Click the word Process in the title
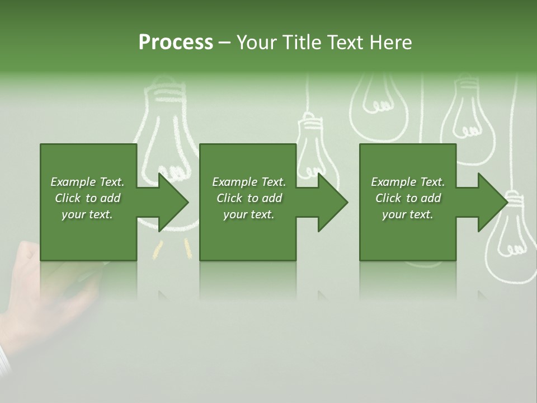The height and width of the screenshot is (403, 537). tap(176, 43)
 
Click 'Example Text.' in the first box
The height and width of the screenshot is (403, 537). tap(87, 182)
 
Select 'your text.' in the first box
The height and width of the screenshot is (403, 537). tap(87, 214)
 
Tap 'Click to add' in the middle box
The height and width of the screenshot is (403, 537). tap(249, 198)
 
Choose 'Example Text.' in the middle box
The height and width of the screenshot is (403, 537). tap(249, 182)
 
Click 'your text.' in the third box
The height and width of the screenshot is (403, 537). tap(408, 214)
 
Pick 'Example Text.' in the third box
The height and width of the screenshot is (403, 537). tap(408, 182)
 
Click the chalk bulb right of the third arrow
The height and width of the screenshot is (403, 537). tap(512, 235)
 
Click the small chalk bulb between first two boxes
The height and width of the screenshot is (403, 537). tap(310, 146)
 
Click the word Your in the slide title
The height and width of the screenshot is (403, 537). tap(257, 43)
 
